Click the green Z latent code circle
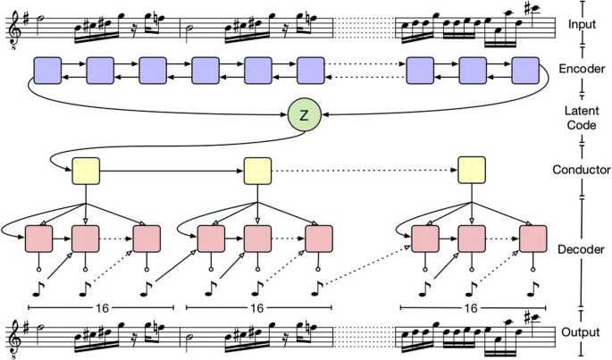tap(304, 116)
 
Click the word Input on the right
tap(582, 25)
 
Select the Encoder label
tap(582, 67)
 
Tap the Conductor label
tap(582, 169)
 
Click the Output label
tap(582, 332)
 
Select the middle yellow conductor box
tap(257, 169)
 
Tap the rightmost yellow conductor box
tap(471, 169)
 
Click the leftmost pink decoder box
tap(39, 239)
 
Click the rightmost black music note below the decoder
tap(534, 287)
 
